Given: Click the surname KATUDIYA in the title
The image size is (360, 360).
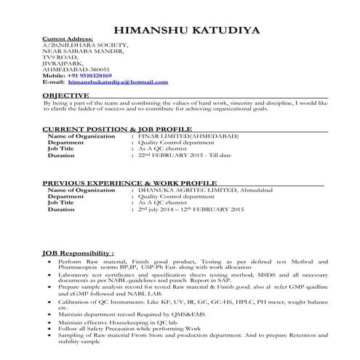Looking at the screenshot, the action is point(217,30).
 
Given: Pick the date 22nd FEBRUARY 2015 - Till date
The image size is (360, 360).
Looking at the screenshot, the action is point(185,156).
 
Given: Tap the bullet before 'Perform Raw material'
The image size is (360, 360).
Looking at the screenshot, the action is point(49,260).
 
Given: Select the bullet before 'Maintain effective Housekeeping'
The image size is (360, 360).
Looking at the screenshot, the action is point(49,321).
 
